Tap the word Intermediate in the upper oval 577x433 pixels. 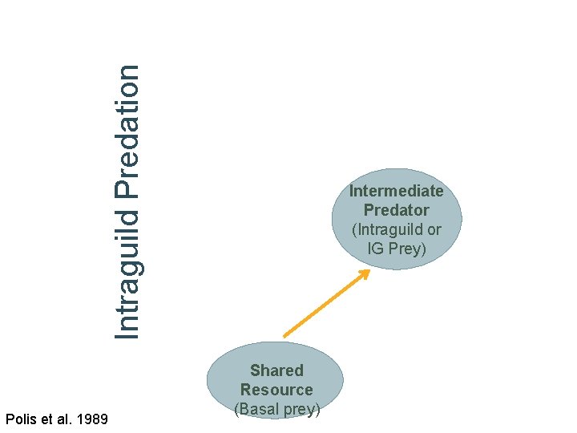coord(396,191)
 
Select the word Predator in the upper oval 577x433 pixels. coord(396,210)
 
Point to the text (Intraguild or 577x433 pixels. coord(396,229)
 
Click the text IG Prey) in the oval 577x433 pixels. coord(396,249)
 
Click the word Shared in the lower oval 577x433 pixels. coord(276,370)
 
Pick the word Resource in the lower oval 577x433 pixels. coord(276,390)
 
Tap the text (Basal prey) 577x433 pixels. coord(277,409)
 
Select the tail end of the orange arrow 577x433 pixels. coord(285,335)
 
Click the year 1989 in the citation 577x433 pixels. coord(92,419)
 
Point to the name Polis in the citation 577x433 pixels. coord(20,419)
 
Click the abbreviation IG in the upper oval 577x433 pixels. coord(376,249)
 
